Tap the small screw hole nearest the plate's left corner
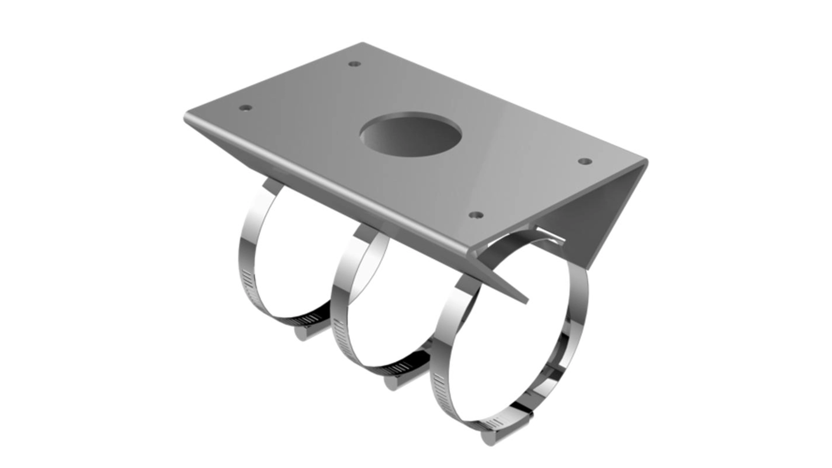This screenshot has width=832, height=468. click(246, 107)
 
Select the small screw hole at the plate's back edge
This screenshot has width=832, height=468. click(355, 64)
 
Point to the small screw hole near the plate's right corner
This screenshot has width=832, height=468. click(585, 162)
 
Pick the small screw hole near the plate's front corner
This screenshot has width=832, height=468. click(476, 214)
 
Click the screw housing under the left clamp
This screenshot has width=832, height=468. click(305, 332)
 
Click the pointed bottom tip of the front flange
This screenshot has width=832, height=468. click(526, 300)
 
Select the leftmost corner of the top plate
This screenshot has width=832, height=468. click(185, 116)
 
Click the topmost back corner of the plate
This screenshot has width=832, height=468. click(362, 43)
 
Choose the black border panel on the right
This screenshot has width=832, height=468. click(741, 234)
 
